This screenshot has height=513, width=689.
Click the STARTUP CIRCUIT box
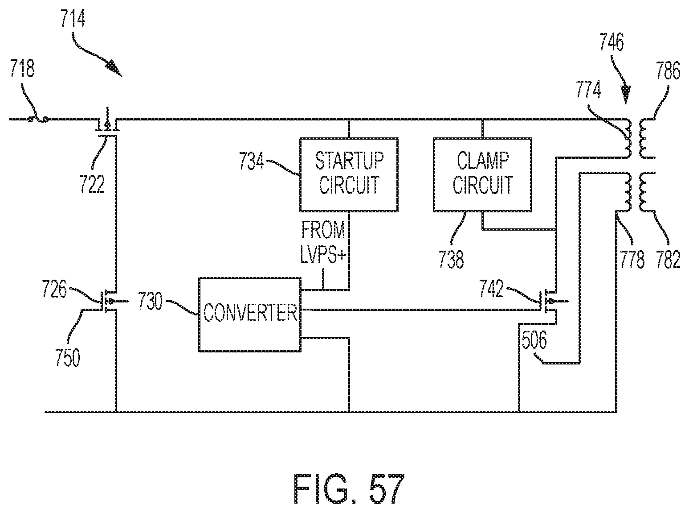pyautogui.click(x=349, y=174)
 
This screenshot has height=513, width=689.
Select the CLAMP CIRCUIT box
pyautogui.click(x=482, y=174)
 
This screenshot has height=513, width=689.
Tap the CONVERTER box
pyautogui.click(x=250, y=314)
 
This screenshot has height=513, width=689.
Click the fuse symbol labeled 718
pyautogui.click(x=37, y=119)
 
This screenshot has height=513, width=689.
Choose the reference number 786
pyautogui.click(x=667, y=71)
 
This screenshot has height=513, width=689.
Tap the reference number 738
pyautogui.click(x=451, y=259)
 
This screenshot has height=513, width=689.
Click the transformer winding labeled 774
pyautogui.click(x=627, y=138)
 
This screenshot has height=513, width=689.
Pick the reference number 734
pyautogui.click(x=250, y=161)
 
